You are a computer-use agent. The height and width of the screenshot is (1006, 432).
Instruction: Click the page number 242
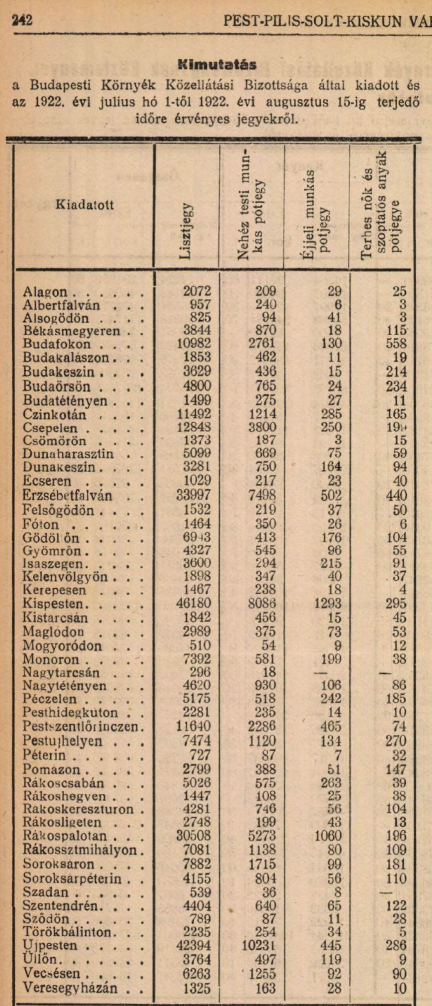tap(22, 20)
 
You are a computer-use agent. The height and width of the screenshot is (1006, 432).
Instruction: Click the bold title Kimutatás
tap(217, 65)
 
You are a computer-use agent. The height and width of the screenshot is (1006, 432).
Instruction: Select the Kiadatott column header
tap(85, 205)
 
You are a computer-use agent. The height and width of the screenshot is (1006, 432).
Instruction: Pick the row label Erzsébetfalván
tap(67, 495)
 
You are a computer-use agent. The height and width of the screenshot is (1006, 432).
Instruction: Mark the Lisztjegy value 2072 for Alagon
tap(197, 291)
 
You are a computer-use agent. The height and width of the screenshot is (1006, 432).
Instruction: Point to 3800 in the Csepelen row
tap(262, 427)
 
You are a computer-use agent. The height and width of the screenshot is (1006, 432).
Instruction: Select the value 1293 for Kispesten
tap(328, 603)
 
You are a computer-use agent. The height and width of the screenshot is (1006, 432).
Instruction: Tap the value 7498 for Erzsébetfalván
tap(262, 495)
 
